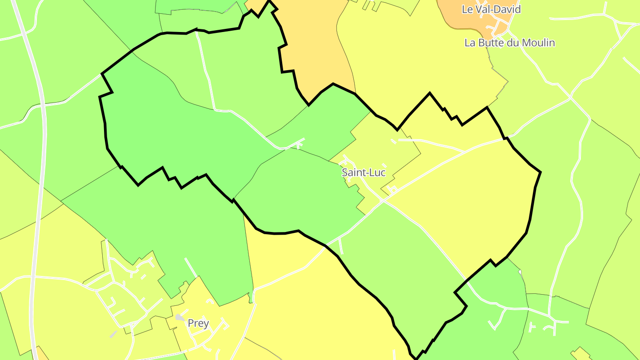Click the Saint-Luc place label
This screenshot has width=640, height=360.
363,172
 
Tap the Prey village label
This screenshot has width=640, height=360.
198,323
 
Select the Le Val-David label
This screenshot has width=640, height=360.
491,9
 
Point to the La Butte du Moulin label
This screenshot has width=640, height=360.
510,43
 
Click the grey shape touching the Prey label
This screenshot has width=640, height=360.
180,317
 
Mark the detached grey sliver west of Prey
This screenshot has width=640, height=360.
114,334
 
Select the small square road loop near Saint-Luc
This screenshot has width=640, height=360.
392,190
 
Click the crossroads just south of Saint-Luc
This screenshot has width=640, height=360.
384,201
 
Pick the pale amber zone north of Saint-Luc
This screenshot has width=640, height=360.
313,49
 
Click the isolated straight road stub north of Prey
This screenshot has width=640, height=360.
191,267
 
